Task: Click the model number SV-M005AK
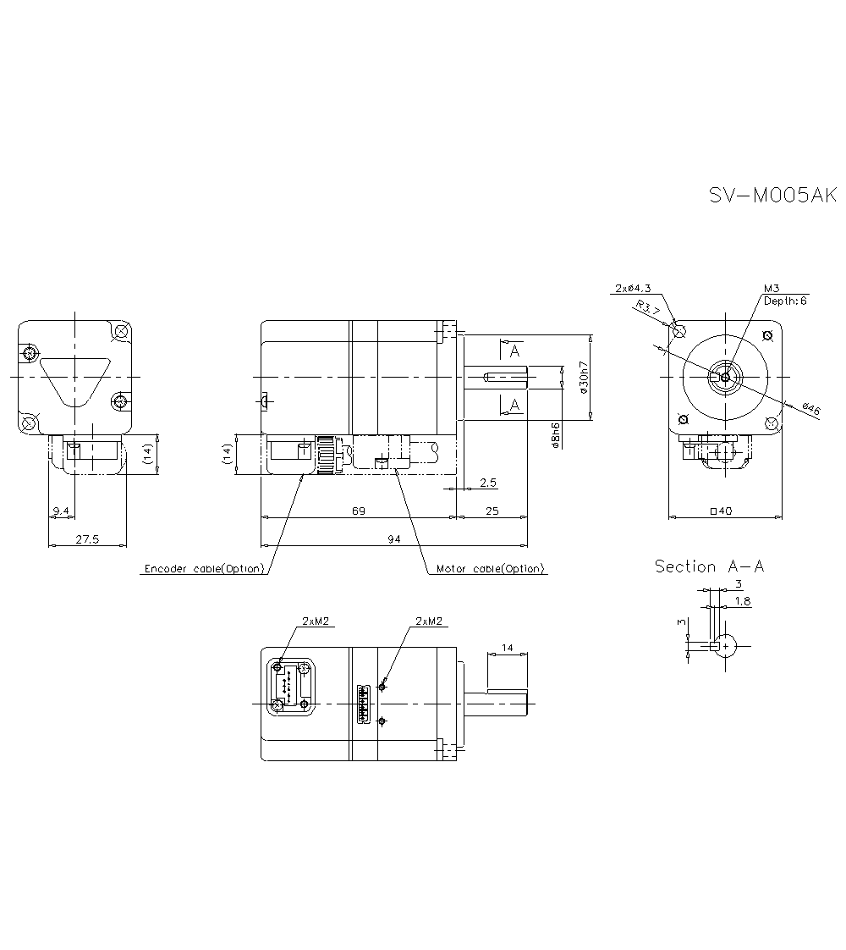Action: pyautogui.click(x=772, y=196)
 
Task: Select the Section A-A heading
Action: pyautogui.click(x=709, y=566)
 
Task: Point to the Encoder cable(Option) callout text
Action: pyautogui.click(x=204, y=568)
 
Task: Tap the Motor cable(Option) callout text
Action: pyautogui.click(x=490, y=568)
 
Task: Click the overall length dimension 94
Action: pyautogui.click(x=393, y=539)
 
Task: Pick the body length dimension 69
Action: pyautogui.click(x=358, y=510)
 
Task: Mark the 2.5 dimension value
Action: pyautogui.click(x=487, y=483)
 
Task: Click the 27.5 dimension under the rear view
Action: pyautogui.click(x=87, y=539)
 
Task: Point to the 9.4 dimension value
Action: pyautogui.click(x=61, y=510)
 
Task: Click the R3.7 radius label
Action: pyautogui.click(x=648, y=308)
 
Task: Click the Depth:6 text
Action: pyautogui.click(x=785, y=301)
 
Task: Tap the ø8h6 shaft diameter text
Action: pyautogui.click(x=555, y=434)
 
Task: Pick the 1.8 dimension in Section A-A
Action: pyautogui.click(x=741, y=601)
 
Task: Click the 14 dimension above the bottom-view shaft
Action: pyautogui.click(x=507, y=648)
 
